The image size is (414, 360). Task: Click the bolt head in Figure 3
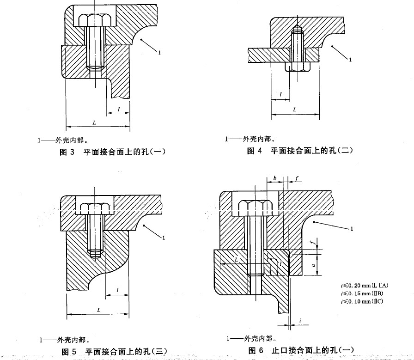point(94,20)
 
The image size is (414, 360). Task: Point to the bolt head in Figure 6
point(252,209)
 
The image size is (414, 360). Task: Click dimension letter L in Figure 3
point(94,123)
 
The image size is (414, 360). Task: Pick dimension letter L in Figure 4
point(295,110)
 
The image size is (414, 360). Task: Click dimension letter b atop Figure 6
point(274,177)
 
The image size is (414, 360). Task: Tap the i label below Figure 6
point(300,320)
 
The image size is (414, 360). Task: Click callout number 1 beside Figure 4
point(350,60)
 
